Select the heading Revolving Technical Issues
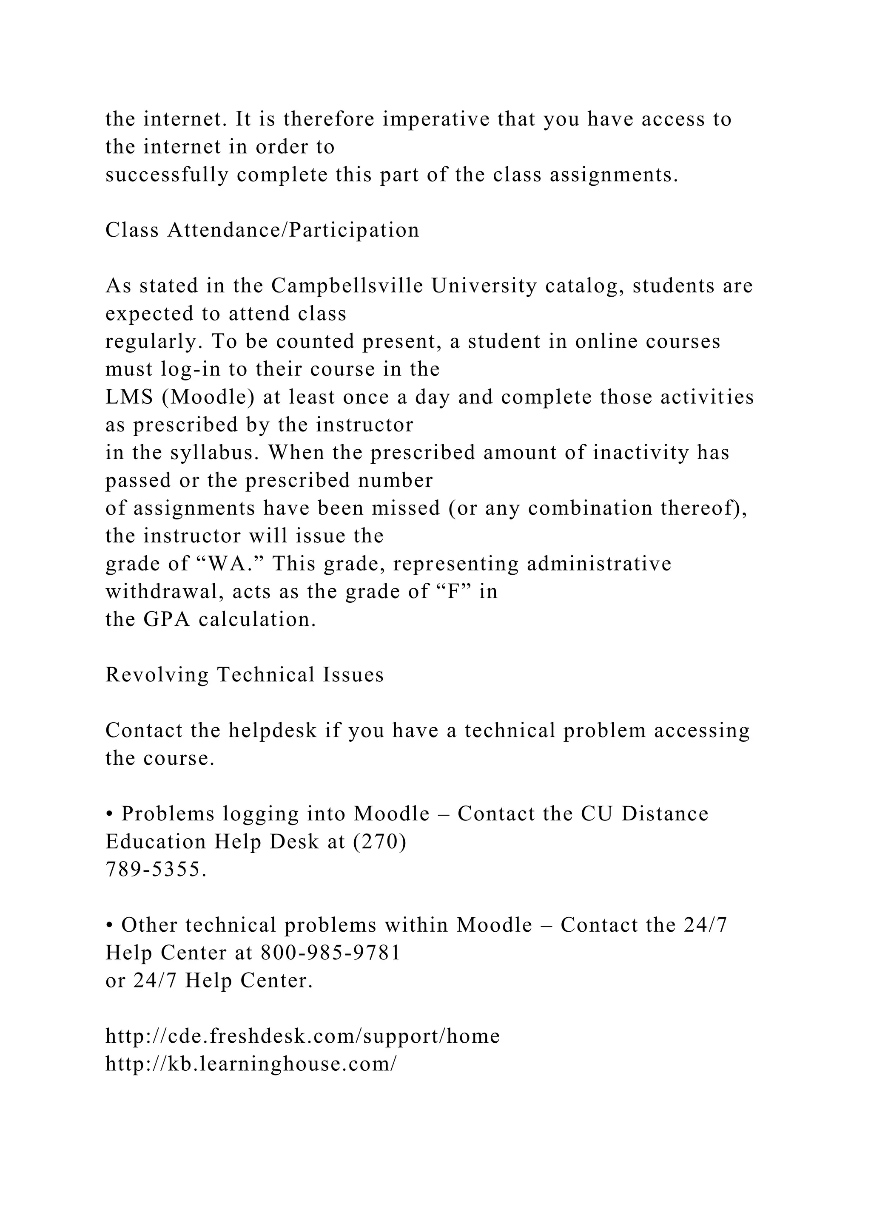click(245, 675)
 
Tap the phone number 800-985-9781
click(330, 953)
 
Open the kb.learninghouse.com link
click(251, 1064)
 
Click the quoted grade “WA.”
click(231, 564)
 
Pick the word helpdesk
click(273, 730)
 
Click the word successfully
click(167, 175)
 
